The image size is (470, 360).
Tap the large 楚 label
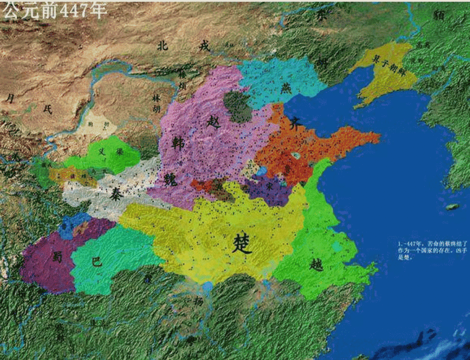click(x=243, y=243)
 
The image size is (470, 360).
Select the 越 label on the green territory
click(x=316, y=264)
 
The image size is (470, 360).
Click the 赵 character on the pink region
click(x=214, y=122)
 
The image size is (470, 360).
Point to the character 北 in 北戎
click(x=162, y=46)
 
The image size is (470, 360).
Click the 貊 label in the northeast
click(x=439, y=16)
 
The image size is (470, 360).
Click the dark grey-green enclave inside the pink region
click(x=237, y=106)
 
